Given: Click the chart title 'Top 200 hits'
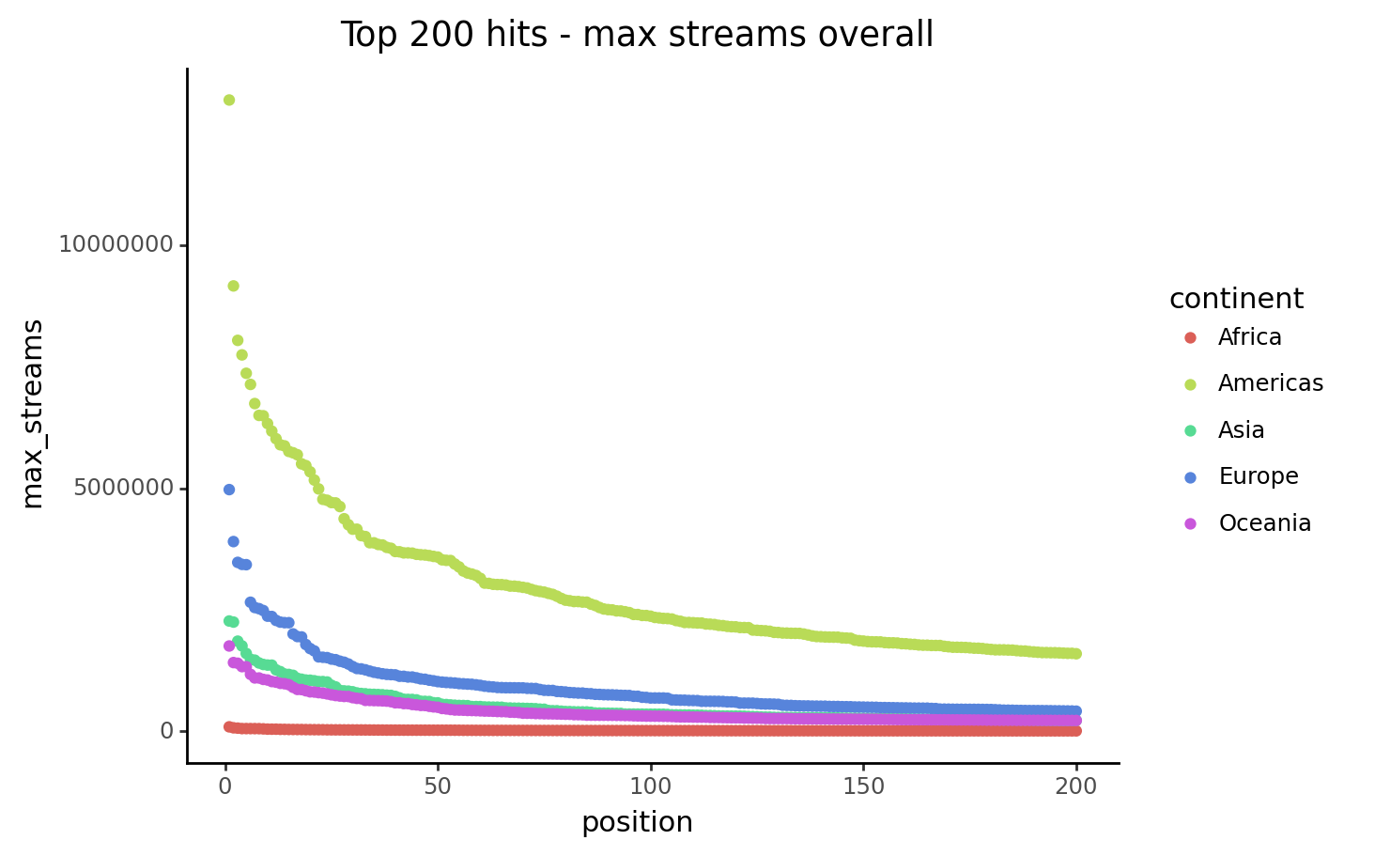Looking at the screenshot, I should (636, 35).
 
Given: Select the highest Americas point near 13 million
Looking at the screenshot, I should (228, 100).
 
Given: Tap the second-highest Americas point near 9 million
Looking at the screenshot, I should (233, 286).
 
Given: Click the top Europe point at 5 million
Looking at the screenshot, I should (228, 490).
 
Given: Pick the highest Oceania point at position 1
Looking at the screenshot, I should (228, 646).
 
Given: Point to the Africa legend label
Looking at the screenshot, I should (1249, 337).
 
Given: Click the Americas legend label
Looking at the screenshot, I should (1270, 383).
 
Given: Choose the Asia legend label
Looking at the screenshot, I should (1241, 430).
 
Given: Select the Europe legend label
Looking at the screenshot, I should (1258, 476).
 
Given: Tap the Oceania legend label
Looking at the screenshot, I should (1264, 523).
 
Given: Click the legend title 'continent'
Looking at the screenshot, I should (1236, 299).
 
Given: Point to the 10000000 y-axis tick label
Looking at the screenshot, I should (116, 245).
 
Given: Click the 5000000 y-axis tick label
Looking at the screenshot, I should (123, 489).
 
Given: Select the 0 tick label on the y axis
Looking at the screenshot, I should (166, 731).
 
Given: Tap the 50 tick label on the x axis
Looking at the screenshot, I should (438, 786).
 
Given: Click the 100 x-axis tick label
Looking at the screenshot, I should (650, 786).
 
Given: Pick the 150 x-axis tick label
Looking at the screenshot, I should (863, 786).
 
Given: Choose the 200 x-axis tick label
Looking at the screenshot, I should (1076, 786).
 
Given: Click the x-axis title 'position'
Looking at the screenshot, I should (637, 822).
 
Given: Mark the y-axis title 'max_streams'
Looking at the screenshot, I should (33, 413).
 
